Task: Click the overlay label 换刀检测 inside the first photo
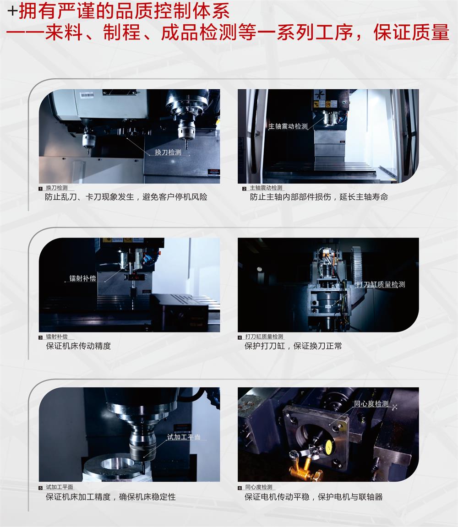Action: (x=168, y=152)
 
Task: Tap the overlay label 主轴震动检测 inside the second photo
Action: (x=288, y=126)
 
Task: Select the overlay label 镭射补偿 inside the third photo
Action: (x=82, y=278)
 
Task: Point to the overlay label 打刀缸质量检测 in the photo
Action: (x=381, y=285)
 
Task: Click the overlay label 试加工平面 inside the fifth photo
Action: (x=184, y=437)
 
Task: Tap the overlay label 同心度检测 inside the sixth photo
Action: (x=371, y=404)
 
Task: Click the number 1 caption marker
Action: (x=41, y=189)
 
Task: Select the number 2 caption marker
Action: (x=245, y=189)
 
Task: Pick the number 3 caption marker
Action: (x=41, y=337)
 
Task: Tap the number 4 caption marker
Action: (x=240, y=337)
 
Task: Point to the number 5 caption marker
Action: (x=41, y=488)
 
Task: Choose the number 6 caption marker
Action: (x=240, y=488)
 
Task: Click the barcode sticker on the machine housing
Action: (x=87, y=95)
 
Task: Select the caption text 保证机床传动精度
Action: (x=78, y=346)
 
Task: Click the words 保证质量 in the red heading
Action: (x=411, y=33)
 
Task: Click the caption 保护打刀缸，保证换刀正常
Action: (x=293, y=346)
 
